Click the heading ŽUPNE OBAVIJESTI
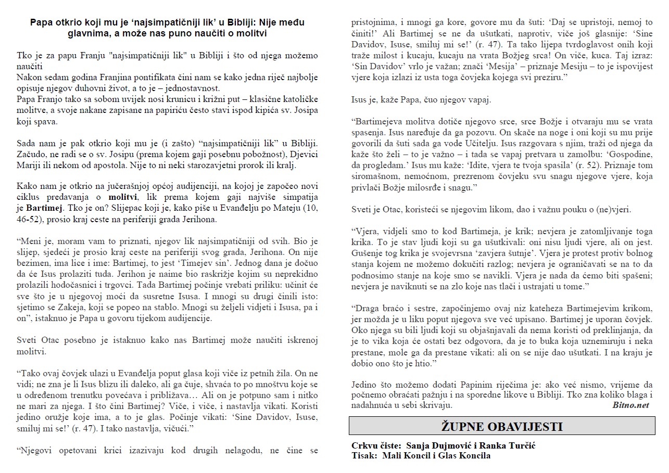tap(501, 427)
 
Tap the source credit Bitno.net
tap(630, 405)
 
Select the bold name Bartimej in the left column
tap(44, 208)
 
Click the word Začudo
tap(31, 155)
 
